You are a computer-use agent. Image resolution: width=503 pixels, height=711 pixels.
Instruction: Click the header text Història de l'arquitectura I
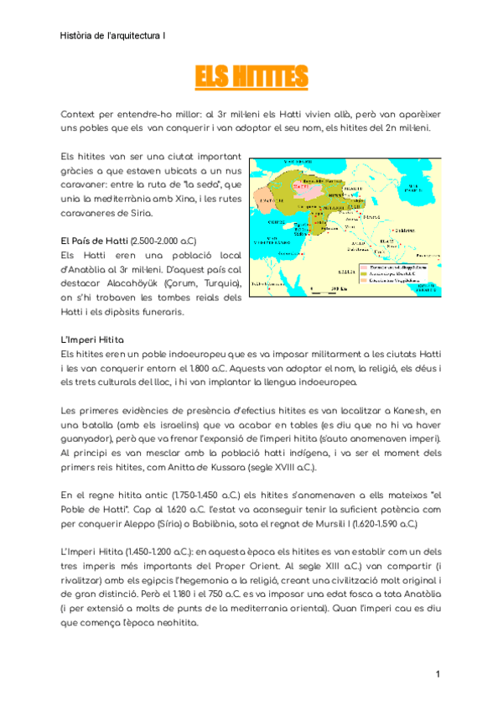click(x=113, y=36)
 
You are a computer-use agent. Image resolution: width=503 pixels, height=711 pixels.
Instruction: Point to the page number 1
click(x=438, y=675)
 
